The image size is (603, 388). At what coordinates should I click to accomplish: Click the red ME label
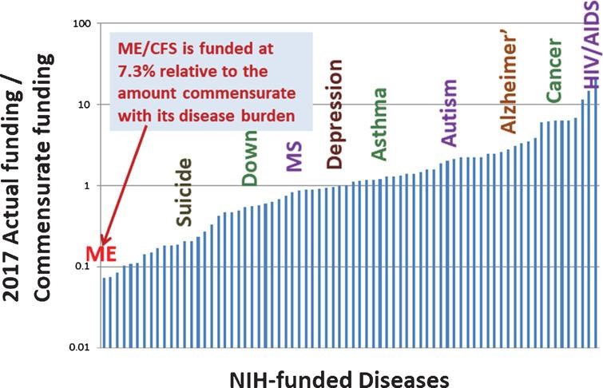pos(103,254)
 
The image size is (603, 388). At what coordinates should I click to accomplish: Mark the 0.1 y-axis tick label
pos(80,267)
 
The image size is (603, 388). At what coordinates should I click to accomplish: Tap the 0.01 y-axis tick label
pos(76,347)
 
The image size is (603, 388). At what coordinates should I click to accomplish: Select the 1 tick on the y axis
pos(87,185)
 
